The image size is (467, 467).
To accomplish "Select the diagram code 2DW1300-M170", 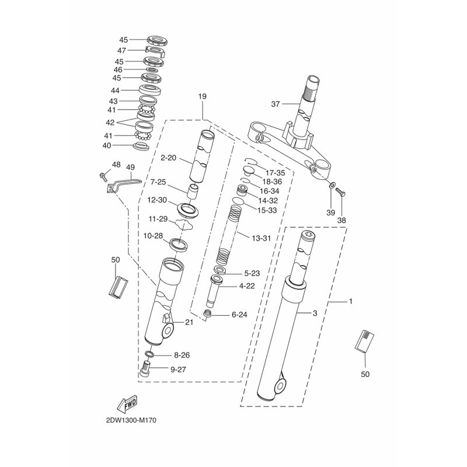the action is point(131,420).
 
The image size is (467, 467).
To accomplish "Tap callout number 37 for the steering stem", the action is point(276,104).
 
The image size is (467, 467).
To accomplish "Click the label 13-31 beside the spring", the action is point(261,238).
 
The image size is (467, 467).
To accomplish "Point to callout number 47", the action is point(121,50).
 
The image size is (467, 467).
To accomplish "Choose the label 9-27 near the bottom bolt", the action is point(178,370).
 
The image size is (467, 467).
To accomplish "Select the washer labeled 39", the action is point(331,186).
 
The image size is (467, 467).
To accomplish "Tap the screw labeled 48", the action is point(103,176).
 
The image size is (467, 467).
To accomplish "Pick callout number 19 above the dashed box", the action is point(202,96).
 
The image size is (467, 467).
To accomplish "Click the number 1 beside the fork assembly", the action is point(351,301).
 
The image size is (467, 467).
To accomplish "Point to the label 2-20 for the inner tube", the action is point(169,158).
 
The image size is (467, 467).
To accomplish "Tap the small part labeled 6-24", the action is point(208,313).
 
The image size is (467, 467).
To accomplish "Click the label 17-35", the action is point(275,173).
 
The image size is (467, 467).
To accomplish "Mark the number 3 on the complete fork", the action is point(315,313).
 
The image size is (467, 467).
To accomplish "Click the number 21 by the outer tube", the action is point(189,322).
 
